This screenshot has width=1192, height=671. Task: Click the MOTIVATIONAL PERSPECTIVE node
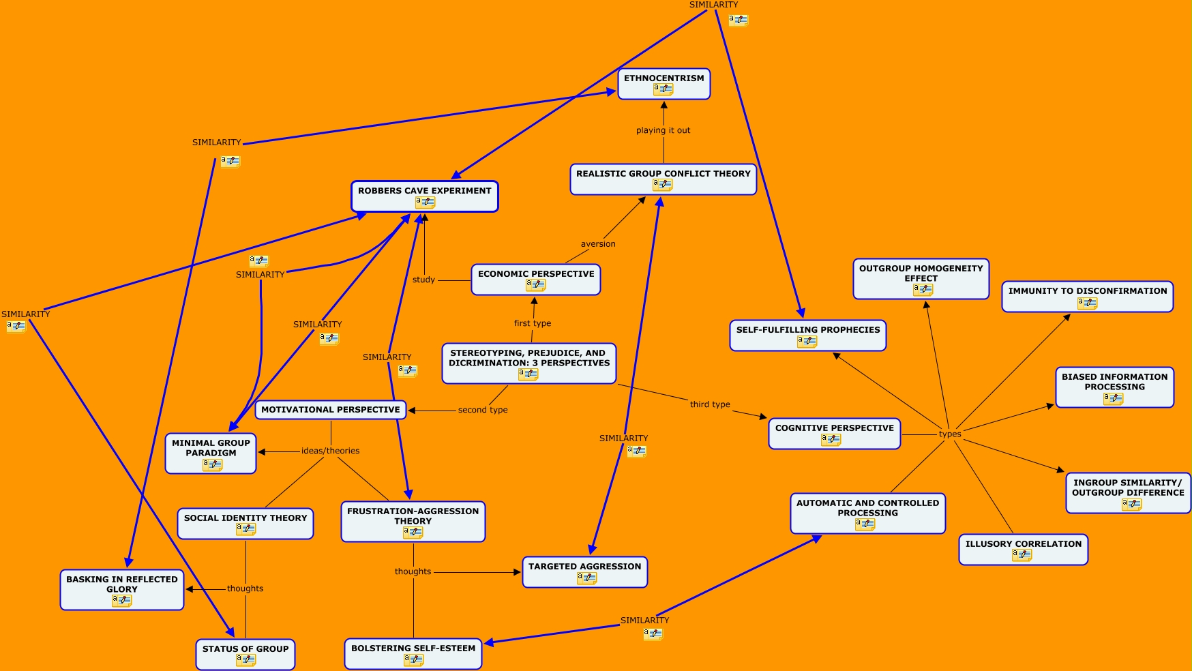click(x=331, y=410)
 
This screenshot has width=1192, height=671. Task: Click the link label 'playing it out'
click(x=663, y=130)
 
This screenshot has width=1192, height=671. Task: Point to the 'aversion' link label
click(x=598, y=244)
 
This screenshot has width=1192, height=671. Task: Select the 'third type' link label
click(x=710, y=404)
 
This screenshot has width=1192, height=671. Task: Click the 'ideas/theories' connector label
click(x=330, y=451)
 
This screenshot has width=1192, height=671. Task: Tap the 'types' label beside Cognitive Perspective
click(x=950, y=434)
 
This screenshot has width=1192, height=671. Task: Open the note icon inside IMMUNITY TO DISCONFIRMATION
click(x=1087, y=303)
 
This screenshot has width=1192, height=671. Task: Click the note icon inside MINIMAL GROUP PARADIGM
click(x=212, y=464)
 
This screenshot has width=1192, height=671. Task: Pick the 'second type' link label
click(x=483, y=410)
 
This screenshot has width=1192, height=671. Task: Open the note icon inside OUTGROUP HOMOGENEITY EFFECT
click(x=923, y=290)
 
